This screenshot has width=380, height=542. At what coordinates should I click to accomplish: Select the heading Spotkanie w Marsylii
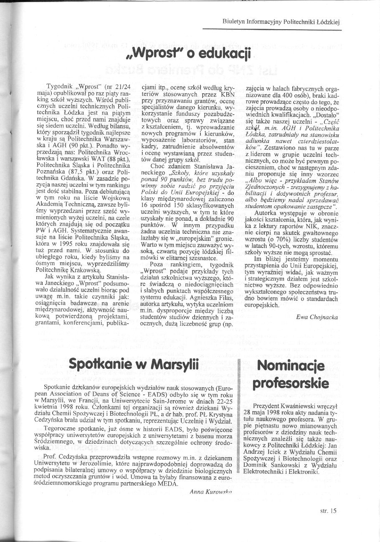click(x=132, y=363)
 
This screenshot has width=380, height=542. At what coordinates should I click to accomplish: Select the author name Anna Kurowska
click(x=210, y=492)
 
